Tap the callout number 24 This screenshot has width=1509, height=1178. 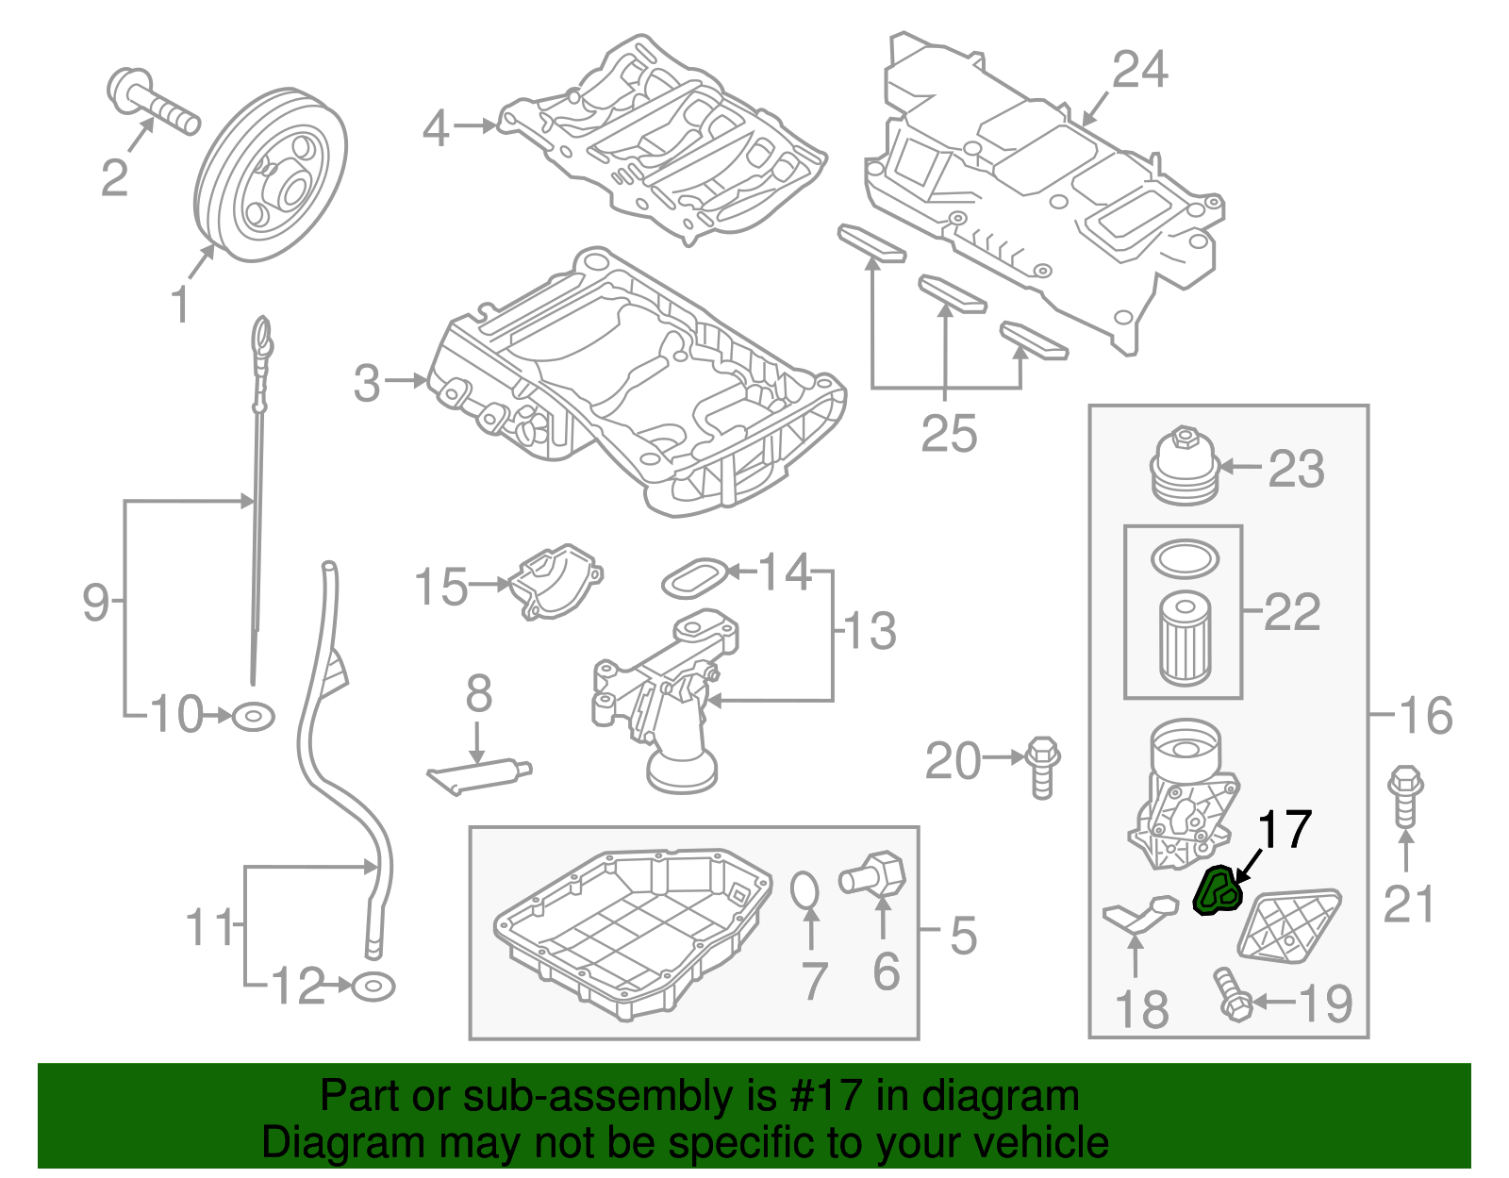(1139, 71)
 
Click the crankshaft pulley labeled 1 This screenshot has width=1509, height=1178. (272, 175)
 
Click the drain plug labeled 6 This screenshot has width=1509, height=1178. (875, 873)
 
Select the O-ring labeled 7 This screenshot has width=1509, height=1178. (804, 889)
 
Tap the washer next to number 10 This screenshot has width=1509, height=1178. (253, 717)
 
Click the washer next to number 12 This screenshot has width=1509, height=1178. (373, 987)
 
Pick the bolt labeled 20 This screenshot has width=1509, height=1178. (1041, 765)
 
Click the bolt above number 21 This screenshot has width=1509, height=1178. (1405, 797)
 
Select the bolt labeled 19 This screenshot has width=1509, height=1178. (1230, 995)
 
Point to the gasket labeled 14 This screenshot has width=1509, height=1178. (695, 576)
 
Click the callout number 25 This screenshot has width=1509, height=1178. (949, 435)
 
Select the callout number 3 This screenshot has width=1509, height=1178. (367, 384)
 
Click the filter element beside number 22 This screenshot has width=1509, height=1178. (1185, 638)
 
